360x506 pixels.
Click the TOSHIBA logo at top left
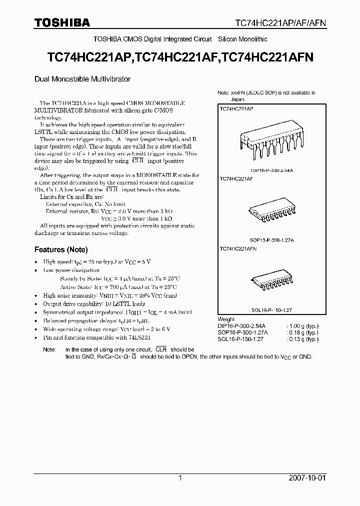pos(62,22)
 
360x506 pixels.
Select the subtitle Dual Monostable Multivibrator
pos(82,79)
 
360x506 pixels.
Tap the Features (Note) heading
pos(60,249)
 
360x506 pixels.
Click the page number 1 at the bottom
pos(180,478)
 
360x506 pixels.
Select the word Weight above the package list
pos(226,318)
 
